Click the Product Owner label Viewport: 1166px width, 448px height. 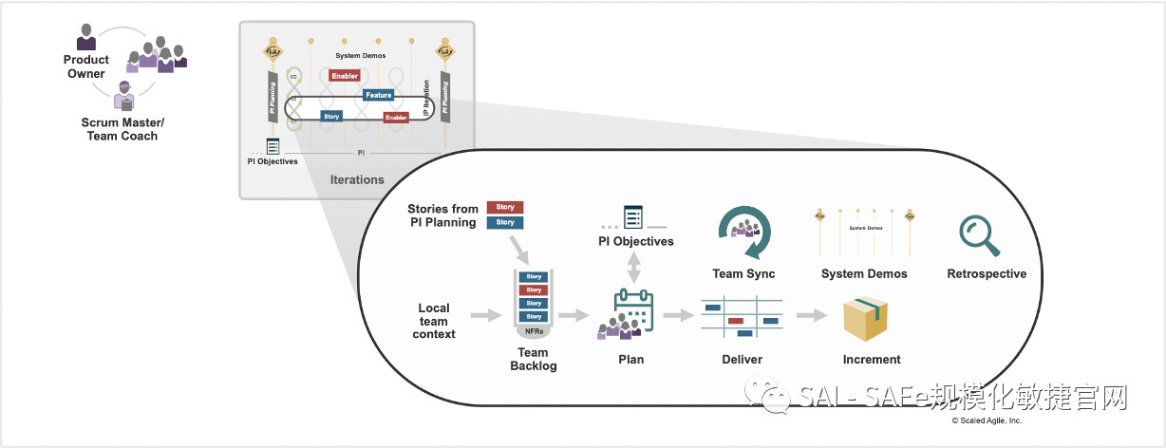tap(86, 66)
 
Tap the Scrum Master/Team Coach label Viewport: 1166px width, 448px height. tap(122, 129)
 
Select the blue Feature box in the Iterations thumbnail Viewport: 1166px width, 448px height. tap(378, 95)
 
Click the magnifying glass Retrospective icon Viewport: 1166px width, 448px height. tap(979, 235)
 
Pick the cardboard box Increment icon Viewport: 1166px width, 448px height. tap(864, 318)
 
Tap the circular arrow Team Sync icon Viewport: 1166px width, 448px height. tap(743, 233)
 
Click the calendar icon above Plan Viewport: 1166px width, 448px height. tap(633, 309)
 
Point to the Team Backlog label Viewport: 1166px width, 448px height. tap(533, 359)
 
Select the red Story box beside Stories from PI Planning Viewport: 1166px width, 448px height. tap(505, 207)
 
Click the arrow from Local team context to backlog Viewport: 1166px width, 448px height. tap(485, 315)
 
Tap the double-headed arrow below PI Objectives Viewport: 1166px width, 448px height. tap(634, 269)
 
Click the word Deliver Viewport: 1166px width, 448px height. tap(741, 360)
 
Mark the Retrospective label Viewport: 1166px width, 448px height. tap(987, 274)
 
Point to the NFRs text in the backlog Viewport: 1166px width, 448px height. tap(534, 331)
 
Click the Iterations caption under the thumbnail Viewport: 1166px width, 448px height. tap(357, 179)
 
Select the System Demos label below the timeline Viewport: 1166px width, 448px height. tap(864, 274)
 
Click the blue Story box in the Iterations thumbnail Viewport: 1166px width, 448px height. tap(330, 116)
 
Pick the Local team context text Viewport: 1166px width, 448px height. tap(434, 321)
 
